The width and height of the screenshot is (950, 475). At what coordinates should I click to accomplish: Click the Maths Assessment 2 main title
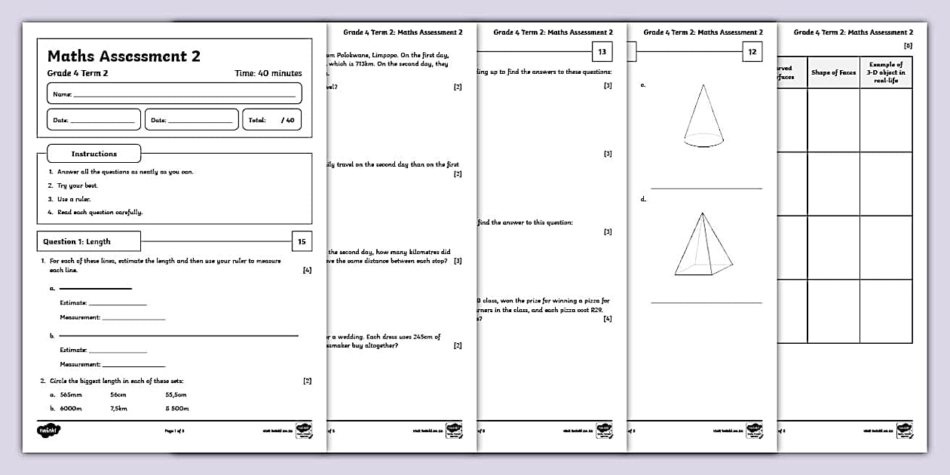(124, 56)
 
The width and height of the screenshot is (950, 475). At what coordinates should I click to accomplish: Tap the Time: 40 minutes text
(268, 73)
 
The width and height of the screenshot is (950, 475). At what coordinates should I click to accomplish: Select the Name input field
(174, 93)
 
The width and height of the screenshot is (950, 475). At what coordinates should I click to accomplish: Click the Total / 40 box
(271, 120)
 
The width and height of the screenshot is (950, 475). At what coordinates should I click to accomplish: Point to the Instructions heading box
(94, 154)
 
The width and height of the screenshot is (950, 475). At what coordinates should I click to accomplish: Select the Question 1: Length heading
(89, 241)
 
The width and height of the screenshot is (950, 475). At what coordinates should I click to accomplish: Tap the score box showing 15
(302, 241)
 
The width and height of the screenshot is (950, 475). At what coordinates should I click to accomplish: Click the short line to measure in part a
(95, 288)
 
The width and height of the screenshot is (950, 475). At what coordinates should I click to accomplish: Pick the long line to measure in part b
(178, 336)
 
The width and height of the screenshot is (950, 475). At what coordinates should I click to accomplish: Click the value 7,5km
(118, 408)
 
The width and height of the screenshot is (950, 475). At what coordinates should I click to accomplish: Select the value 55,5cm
(176, 394)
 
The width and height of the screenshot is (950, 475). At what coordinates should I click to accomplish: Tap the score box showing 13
(602, 51)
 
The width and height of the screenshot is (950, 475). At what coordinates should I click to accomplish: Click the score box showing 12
(752, 51)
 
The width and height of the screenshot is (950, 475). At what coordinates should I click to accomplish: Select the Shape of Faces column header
(833, 72)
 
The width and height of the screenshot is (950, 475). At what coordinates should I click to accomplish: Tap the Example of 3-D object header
(886, 72)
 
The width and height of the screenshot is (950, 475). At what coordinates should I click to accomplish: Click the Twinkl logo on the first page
(49, 431)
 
